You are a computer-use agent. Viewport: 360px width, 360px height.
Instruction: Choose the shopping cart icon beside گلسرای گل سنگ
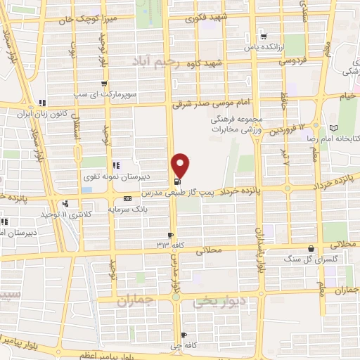311,248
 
